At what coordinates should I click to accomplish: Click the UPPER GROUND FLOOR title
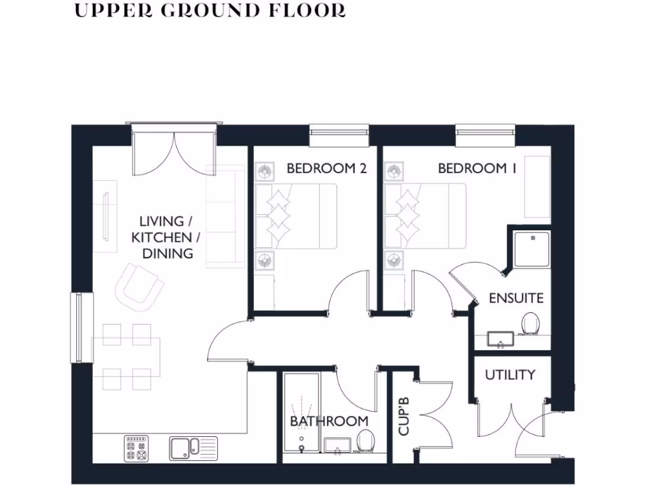pyautogui.click(x=210, y=11)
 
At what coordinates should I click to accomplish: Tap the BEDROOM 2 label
pyautogui.click(x=326, y=168)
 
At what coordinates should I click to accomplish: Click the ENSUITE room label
pyautogui.click(x=516, y=298)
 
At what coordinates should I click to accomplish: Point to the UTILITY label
pyautogui.click(x=510, y=375)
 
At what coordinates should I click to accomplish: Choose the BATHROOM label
pyautogui.click(x=329, y=421)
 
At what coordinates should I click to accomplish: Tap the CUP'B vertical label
pyautogui.click(x=404, y=417)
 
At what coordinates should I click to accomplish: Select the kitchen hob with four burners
pyautogui.click(x=136, y=448)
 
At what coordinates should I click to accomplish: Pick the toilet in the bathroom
pyautogui.click(x=365, y=441)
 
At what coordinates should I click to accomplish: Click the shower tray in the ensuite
pyautogui.click(x=531, y=249)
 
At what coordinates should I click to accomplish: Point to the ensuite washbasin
pyautogui.click(x=501, y=339)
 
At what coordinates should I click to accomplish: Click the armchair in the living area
pyautogui.click(x=138, y=287)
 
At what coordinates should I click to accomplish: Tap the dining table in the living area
pyautogui.click(x=126, y=356)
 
